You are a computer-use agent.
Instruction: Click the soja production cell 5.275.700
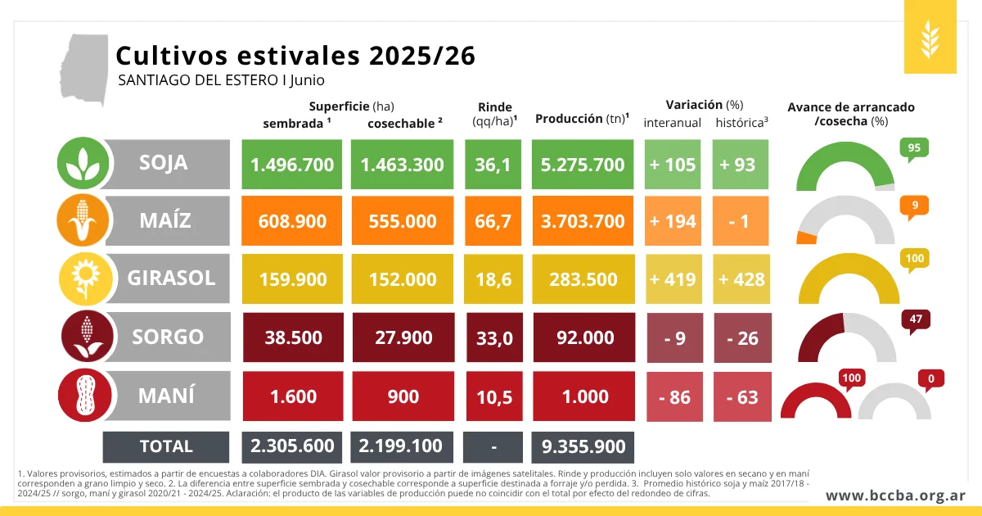[x=583, y=165]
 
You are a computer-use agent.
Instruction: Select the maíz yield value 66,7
[x=493, y=220]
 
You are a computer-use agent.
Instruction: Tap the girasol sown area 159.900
[x=292, y=279]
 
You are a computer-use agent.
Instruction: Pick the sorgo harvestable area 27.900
[x=403, y=337]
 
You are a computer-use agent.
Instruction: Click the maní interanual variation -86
[x=674, y=396]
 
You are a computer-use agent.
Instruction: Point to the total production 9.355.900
[x=583, y=446]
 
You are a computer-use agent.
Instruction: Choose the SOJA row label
[x=163, y=163]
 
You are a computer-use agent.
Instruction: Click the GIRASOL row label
[x=171, y=278]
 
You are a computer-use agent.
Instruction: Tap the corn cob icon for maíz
[x=83, y=220]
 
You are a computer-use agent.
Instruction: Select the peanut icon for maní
[x=84, y=395]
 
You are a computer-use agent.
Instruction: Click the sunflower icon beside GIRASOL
[x=86, y=278]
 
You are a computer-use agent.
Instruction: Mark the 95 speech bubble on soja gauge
[x=914, y=149]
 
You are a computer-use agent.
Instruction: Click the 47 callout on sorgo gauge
[x=916, y=320]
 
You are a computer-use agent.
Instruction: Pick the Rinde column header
[x=494, y=114]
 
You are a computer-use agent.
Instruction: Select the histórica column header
[x=741, y=123]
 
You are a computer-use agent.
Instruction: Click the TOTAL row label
[x=166, y=446]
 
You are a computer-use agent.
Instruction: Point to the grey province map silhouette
[x=83, y=70]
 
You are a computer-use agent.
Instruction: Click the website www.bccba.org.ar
[x=895, y=496]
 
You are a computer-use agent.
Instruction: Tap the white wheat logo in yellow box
[x=930, y=39]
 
